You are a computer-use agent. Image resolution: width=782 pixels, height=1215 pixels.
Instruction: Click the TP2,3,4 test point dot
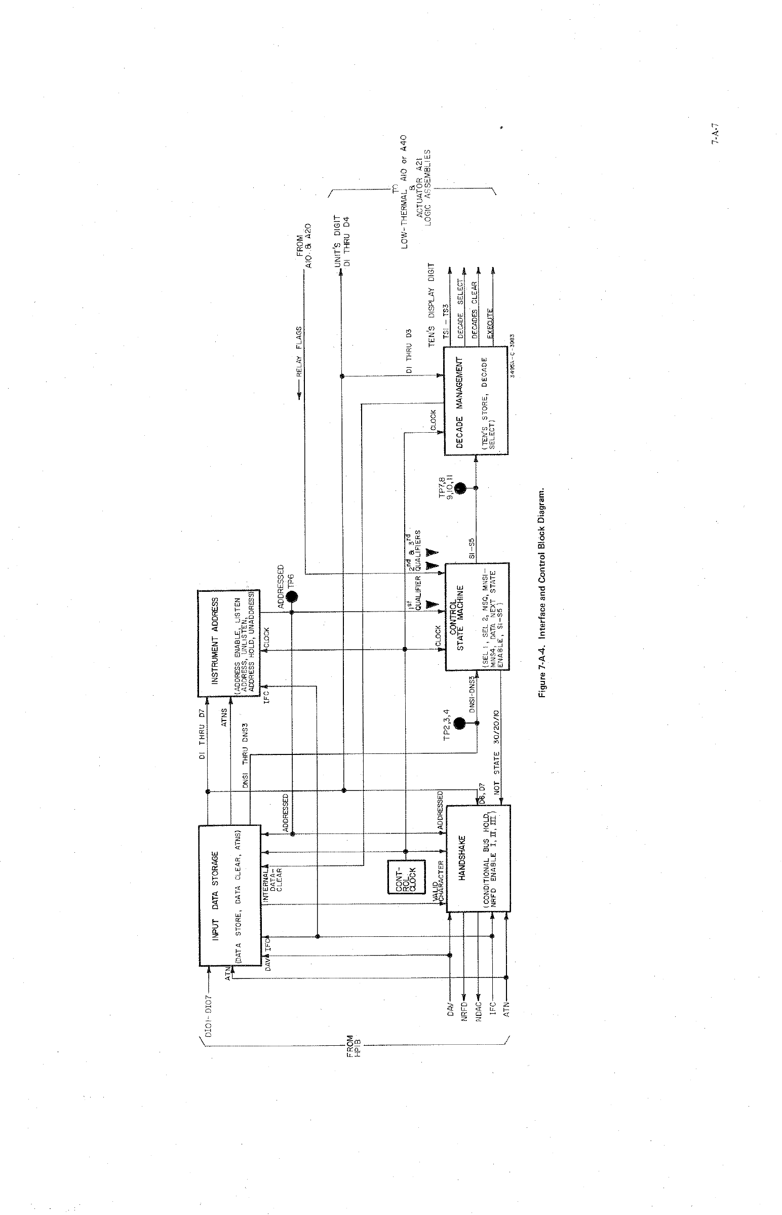click(460, 723)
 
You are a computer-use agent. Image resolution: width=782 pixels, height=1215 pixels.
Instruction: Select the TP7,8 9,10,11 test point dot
click(460, 488)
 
